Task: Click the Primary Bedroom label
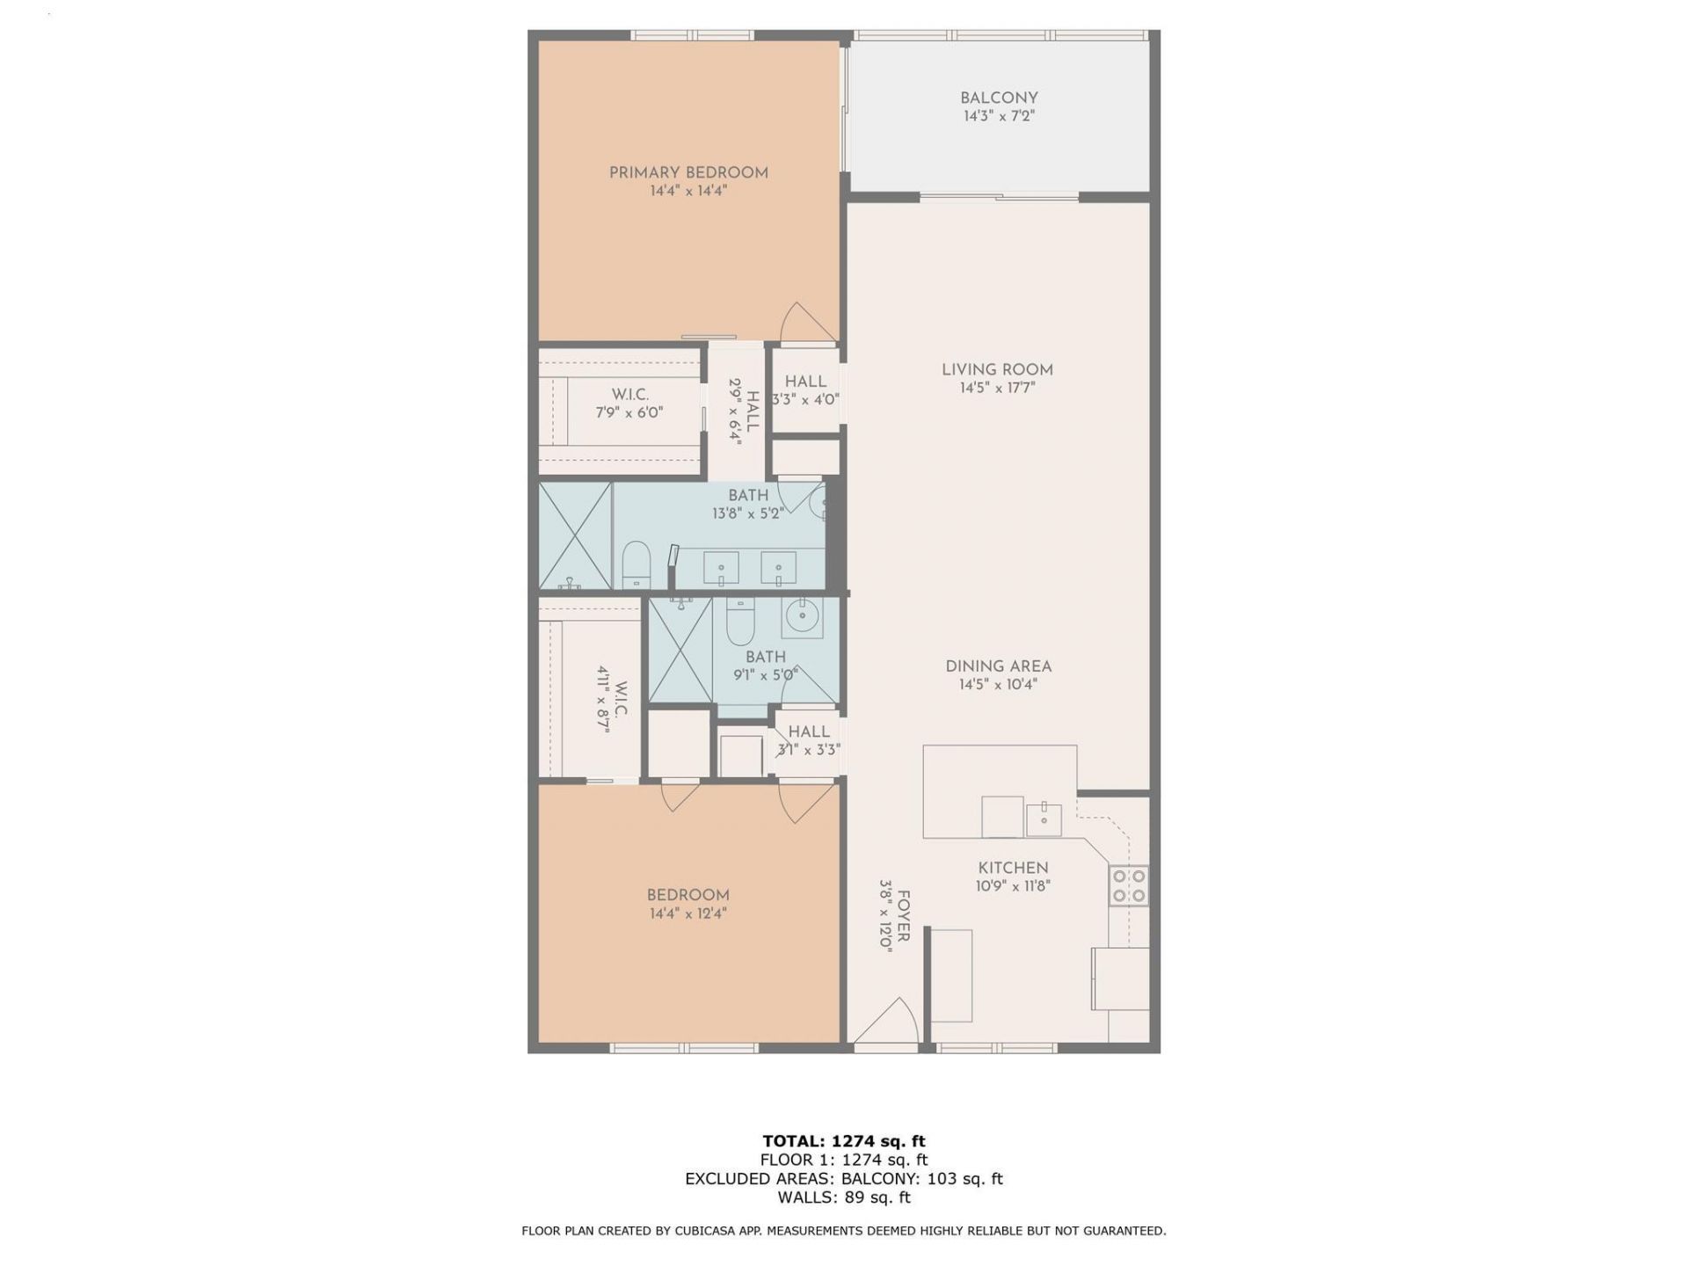click(x=688, y=173)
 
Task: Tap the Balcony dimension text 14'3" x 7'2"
click(x=998, y=116)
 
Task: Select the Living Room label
click(x=997, y=370)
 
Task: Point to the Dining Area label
click(x=998, y=666)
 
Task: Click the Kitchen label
click(x=1013, y=868)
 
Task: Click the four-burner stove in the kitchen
click(x=1129, y=885)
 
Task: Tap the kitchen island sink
click(x=1044, y=819)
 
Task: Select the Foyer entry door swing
click(x=888, y=1022)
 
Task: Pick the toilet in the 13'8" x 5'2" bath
click(x=636, y=564)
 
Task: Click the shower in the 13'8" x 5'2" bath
click(x=575, y=535)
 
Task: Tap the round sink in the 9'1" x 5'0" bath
click(x=802, y=616)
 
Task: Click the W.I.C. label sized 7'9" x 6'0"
click(x=629, y=395)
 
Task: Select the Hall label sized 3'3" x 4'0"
click(x=805, y=382)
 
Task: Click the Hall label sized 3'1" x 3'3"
click(x=808, y=731)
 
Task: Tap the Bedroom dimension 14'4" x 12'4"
click(x=688, y=913)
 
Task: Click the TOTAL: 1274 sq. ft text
click(x=843, y=1141)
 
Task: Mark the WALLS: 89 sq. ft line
click(x=843, y=1197)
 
